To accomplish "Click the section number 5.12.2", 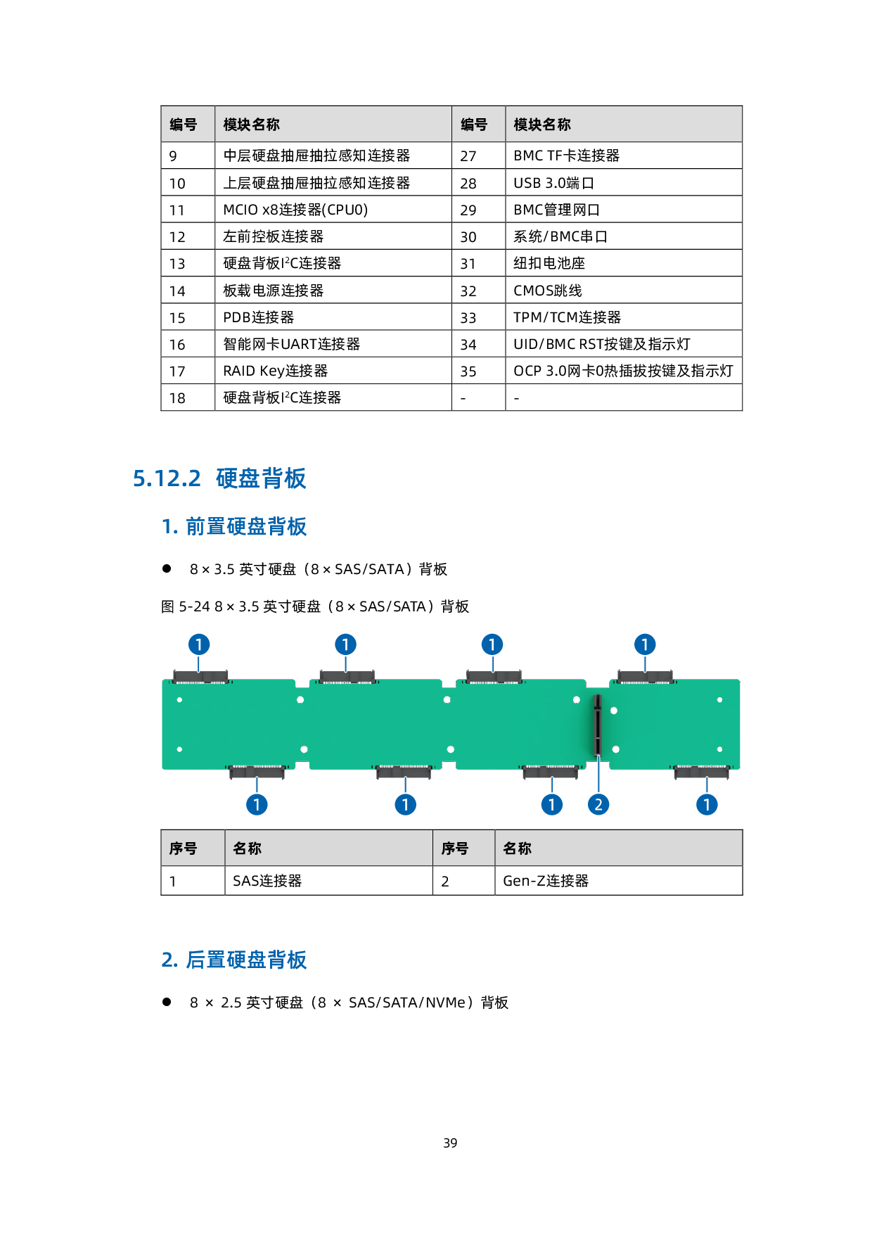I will [x=167, y=479].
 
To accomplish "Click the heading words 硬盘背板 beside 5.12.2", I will [x=261, y=479].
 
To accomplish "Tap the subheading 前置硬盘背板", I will [x=245, y=526].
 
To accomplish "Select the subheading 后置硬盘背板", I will [x=245, y=960].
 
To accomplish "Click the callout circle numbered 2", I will [x=598, y=805].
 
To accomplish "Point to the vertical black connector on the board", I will [x=598, y=725].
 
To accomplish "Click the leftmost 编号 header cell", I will [x=184, y=125].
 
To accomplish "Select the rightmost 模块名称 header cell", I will [x=542, y=125].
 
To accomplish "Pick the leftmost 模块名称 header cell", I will [x=251, y=125].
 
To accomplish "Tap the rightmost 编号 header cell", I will [x=474, y=125].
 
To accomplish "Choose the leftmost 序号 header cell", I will [x=183, y=848].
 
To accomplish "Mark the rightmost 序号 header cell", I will [x=454, y=848].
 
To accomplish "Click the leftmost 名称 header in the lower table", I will [x=247, y=848].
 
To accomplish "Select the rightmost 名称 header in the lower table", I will [x=518, y=848].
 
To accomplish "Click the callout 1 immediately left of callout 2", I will [x=552, y=805].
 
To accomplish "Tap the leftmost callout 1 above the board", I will [x=199, y=644].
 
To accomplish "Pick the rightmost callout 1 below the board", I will [x=707, y=805].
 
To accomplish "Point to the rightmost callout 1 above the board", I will [x=645, y=644].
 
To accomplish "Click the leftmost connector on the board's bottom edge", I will [x=257, y=772].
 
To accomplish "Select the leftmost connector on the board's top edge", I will [x=200, y=677].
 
